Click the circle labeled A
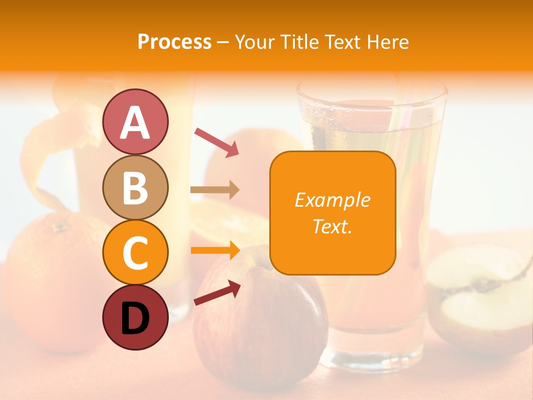[135, 122]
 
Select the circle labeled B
[135, 187]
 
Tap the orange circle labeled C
[135, 252]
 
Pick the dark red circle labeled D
[135, 317]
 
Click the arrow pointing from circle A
[217, 141]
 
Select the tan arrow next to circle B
[215, 190]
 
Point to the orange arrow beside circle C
[215, 251]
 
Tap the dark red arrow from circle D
[217, 293]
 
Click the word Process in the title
[174, 42]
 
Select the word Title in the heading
[300, 42]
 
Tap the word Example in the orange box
[332, 200]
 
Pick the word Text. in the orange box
[332, 226]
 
